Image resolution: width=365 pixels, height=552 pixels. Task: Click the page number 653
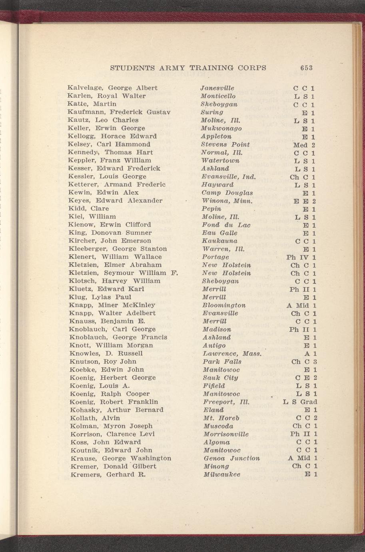tap(304, 68)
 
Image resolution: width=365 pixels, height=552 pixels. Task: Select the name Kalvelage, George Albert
tap(113, 88)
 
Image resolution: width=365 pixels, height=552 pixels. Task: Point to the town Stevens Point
tap(225, 144)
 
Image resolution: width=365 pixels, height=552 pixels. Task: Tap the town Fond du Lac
tap(226, 225)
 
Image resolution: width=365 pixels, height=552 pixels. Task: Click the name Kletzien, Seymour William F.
tap(123, 273)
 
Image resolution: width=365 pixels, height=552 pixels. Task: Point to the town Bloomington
tap(224, 305)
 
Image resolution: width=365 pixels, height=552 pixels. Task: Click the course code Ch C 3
tap(304, 362)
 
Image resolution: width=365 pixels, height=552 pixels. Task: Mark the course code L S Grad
tap(300, 402)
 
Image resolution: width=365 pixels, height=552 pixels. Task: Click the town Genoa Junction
tap(231, 458)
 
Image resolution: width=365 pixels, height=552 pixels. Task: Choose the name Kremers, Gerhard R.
tap(107, 474)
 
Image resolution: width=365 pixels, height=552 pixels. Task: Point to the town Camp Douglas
tap(227, 192)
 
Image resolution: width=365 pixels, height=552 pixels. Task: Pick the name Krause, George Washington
tap(120, 458)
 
